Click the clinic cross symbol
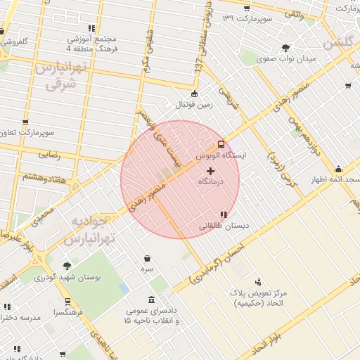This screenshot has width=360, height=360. (210, 171)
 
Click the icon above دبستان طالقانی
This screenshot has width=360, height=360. (224, 214)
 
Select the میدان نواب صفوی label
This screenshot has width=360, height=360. (286, 60)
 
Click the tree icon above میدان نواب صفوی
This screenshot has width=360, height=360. (285, 49)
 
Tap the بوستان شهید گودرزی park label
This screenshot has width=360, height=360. (68, 277)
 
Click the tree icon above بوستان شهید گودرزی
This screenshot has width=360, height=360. (67, 266)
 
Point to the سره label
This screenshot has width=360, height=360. (147, 269)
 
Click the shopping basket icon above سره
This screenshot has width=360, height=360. (147, 259)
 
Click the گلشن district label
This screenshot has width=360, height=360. (339, 43)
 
